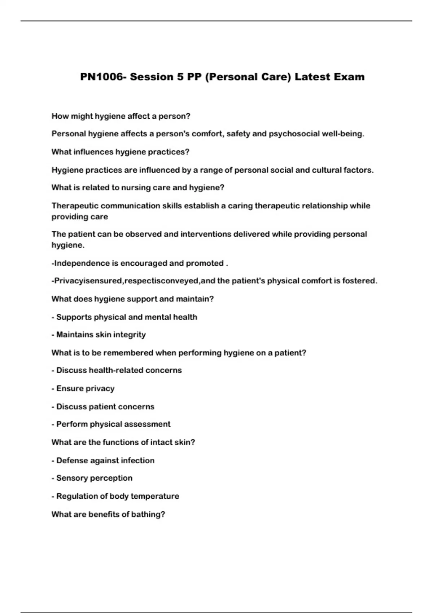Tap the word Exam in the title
(349, 77)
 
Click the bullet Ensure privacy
(85, 388)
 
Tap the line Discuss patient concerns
(105, 407)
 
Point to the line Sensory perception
(94, 478)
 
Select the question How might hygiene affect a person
(121, 116)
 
